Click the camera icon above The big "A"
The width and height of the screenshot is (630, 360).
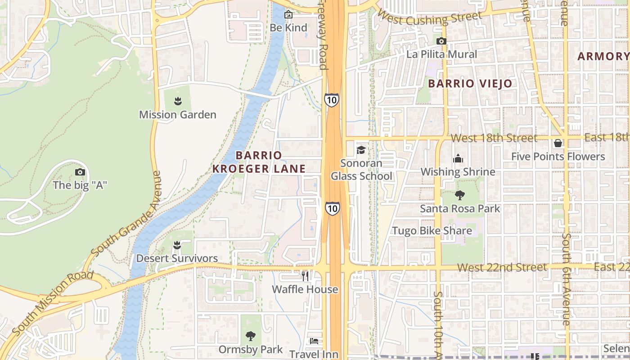[80, 172]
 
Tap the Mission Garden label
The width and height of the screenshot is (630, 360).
[177, 115]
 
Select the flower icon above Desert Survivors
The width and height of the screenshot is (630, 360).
[177, 245]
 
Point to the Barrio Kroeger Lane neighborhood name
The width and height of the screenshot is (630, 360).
[259, 162]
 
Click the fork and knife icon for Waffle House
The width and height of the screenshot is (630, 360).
[305, 275]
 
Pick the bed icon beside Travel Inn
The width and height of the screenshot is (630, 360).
[314, 341]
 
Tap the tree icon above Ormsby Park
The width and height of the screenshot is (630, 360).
[251, 336]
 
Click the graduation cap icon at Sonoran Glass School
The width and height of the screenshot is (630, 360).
[361, 150]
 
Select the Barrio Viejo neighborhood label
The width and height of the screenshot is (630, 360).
[470, 84]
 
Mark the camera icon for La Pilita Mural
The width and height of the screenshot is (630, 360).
[441, 41]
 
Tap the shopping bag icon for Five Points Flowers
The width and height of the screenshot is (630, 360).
[558, 143]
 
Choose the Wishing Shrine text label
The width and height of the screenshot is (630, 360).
[458, 172]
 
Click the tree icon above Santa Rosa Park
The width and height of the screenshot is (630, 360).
[459, 195]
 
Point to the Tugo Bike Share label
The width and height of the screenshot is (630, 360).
[432, 231]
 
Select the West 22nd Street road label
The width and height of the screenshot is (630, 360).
[502, 267]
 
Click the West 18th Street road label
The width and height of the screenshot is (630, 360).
[494, 138]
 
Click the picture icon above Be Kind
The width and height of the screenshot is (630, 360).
[288, 15]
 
